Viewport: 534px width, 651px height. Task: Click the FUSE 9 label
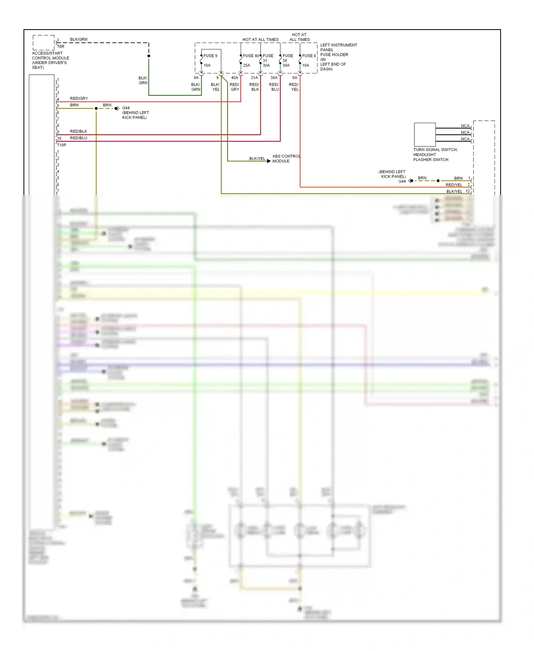(x=210, y=56)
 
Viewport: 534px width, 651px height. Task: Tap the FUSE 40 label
(x=251, y=56)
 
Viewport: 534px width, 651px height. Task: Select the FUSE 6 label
(x=309, y=56)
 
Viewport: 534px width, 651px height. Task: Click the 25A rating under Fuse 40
(x=246, y=66)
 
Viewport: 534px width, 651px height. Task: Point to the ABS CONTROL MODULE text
(x=286, y=158)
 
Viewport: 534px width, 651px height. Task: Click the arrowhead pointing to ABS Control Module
(x=269, y=161)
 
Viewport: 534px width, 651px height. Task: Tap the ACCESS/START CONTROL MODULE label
(x=50, y=60)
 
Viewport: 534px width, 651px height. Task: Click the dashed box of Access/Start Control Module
(x=43, y=42)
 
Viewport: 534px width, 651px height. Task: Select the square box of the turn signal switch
(x=424, y=135)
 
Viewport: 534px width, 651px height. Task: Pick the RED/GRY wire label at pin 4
(x=79, y=98)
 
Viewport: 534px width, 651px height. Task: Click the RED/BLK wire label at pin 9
(x=78, y=131)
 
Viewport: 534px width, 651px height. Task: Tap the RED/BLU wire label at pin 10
(x=78, y=138)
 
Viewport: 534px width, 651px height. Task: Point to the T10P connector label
(x=62, y=145)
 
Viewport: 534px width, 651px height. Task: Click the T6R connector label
(x=61, y=47)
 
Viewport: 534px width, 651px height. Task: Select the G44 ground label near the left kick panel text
(x=126, y=108)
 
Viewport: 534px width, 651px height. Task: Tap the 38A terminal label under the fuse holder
(x=273, y=78)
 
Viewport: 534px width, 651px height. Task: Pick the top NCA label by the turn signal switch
(x=465, y=126)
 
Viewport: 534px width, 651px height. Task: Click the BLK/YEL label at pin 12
(x=454, y=192)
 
